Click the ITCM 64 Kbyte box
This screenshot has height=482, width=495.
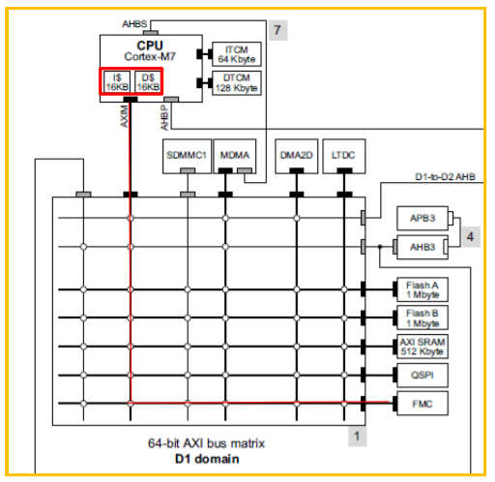(x=237, y=54)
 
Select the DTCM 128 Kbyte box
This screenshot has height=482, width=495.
(x=237, y=83)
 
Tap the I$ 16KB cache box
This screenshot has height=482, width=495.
(x=117, y=82)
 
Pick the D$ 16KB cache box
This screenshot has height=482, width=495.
(x=148, y=82)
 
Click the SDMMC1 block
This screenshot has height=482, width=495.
(x=187, y=157)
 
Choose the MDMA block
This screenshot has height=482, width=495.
(x=235, y=157)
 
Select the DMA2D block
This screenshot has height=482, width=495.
(x=297, y=157)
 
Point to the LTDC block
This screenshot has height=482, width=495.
(x=344, y=157)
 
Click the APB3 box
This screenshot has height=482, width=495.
(x=422, y=219)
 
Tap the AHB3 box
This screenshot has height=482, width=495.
(x=422, y=247)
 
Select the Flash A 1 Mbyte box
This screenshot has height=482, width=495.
(x=422, y=289)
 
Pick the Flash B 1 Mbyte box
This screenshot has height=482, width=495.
(x=422, y=317)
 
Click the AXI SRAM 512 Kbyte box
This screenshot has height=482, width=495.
(x=422, y=346)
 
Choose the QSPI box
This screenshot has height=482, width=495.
(x=422, y=376)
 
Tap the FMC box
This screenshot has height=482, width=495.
(x=422, y=404)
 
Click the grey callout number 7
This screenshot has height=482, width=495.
(x=277, y=30)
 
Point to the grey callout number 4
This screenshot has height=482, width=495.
(x=471, y=237)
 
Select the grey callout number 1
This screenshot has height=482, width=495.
(x=357, y=437)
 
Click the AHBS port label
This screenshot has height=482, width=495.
(x=134, y=24)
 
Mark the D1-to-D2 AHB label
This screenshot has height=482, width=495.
(x=445, y=177)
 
